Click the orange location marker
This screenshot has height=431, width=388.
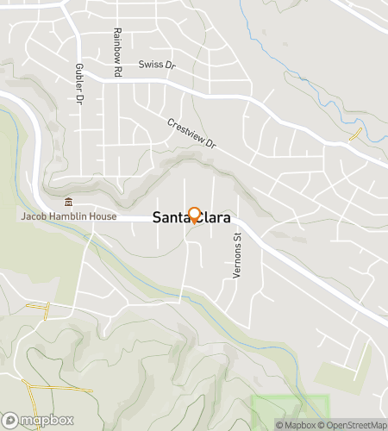pyautogui.click(x=194, y=215)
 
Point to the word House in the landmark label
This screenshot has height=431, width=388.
pyautogui.click(x=103, y=216)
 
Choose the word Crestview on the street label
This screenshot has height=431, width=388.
pyautogui.click(x=185, y=130)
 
